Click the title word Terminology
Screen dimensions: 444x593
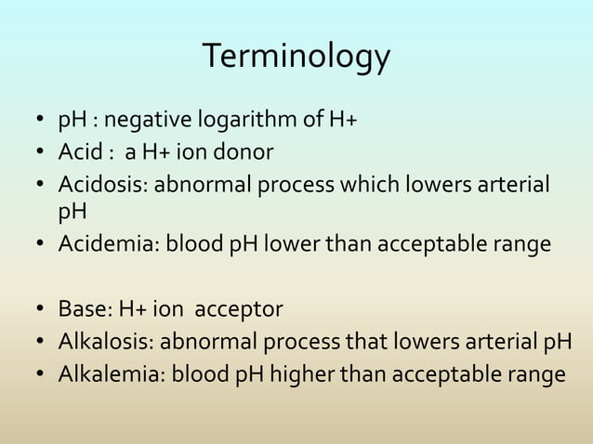(x=296, y=58)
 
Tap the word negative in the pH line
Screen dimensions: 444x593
(x=142, y=121)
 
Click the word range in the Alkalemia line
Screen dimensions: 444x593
(x=534, y=376)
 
